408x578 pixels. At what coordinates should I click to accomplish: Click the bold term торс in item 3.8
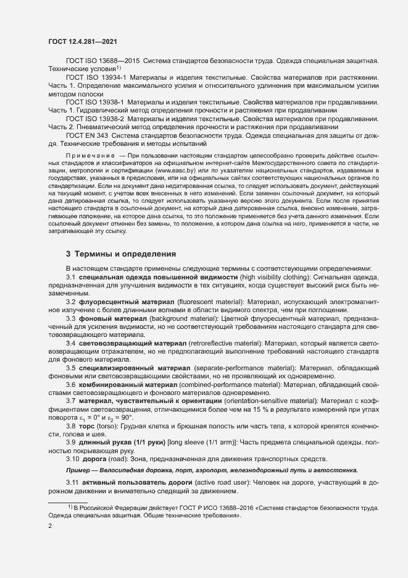86,427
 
